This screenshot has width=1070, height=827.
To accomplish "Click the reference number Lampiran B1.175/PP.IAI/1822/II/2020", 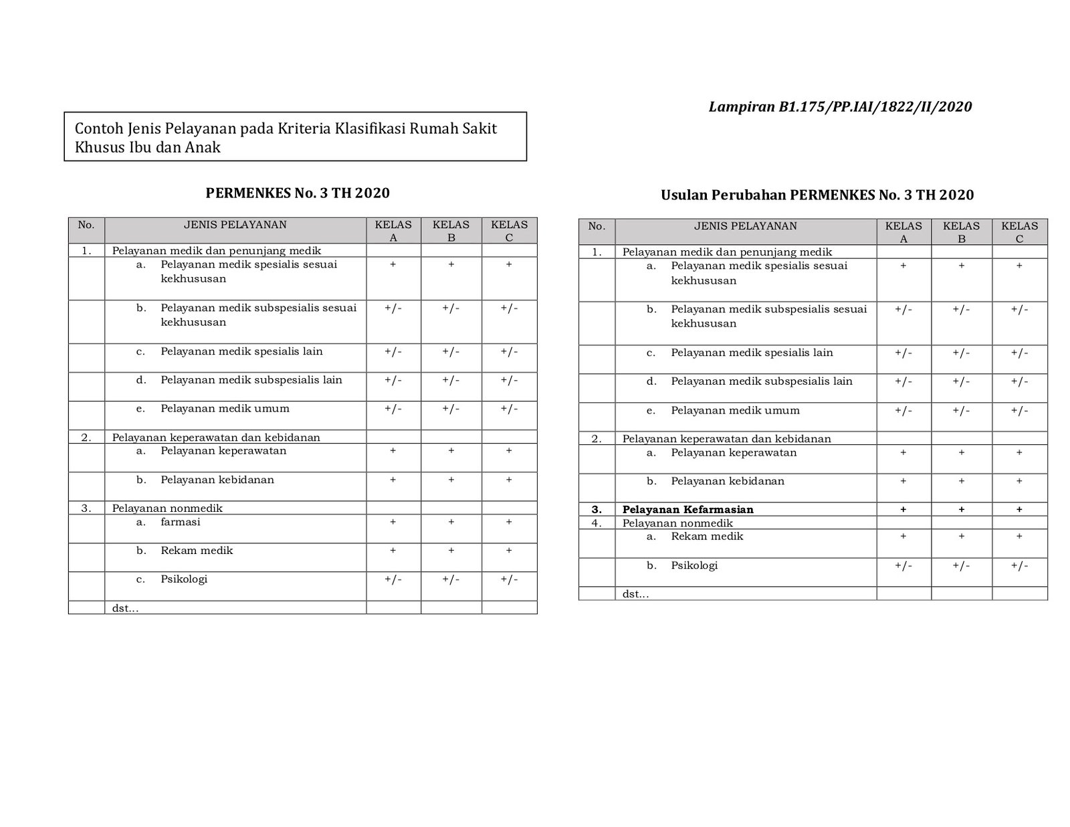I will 840,107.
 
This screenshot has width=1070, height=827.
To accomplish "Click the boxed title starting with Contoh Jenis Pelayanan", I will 295,137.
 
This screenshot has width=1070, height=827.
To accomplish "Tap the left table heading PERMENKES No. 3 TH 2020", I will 298,193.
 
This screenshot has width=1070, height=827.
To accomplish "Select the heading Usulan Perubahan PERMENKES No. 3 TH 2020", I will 817,195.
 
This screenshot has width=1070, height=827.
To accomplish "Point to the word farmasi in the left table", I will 180,522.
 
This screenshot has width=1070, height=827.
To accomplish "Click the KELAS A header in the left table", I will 393,230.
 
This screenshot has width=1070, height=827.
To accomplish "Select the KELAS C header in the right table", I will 1019,232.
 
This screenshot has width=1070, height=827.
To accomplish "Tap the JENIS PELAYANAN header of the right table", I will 745,226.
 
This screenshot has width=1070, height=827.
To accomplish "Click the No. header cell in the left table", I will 86,225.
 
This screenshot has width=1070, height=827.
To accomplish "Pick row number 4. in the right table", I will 597,523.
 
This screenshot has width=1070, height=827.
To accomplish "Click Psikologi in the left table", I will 184,579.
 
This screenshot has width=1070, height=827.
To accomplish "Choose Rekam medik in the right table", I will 707,537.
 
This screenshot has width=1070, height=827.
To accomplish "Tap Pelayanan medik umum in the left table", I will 225,408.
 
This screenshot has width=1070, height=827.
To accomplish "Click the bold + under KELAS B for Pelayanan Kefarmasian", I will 961,509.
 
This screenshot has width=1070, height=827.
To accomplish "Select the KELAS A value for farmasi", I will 393,522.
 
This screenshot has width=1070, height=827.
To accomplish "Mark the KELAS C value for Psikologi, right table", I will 1019,565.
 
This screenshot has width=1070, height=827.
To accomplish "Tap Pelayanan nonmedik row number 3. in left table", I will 86,508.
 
